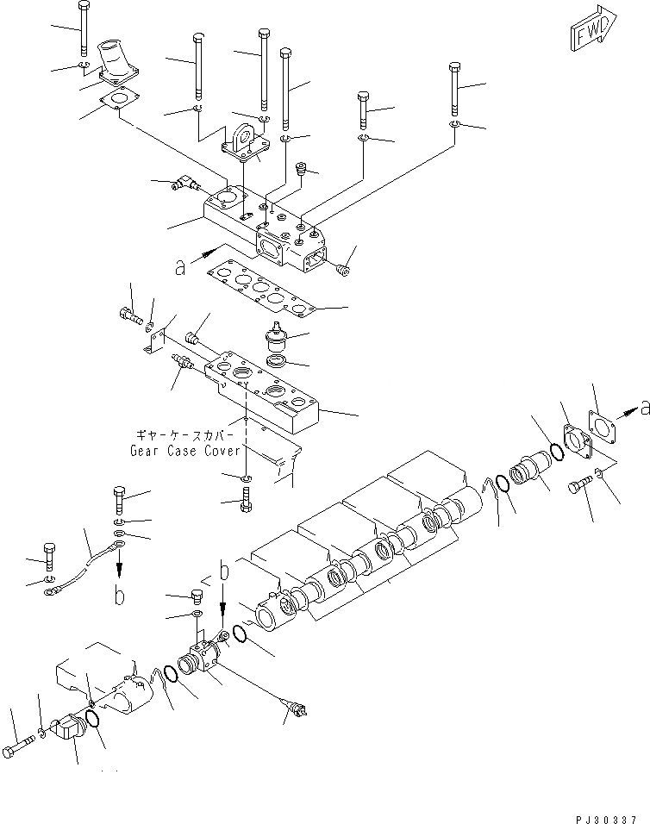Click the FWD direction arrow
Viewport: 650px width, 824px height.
click(593, 27)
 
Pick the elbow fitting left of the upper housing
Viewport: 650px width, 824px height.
click(185, 182)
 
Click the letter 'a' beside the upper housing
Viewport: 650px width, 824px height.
click(180, 268)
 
